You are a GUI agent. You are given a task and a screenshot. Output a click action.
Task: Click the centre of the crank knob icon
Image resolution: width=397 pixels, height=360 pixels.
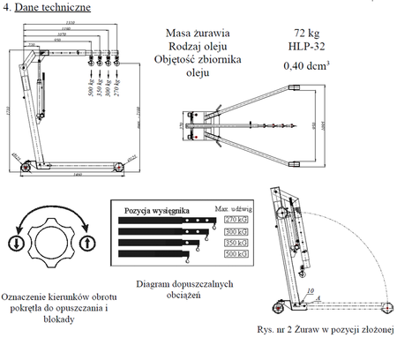(x=51, y=241)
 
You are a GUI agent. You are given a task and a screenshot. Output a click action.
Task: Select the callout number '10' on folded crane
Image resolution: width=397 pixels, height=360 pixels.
(x=310, y=289)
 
